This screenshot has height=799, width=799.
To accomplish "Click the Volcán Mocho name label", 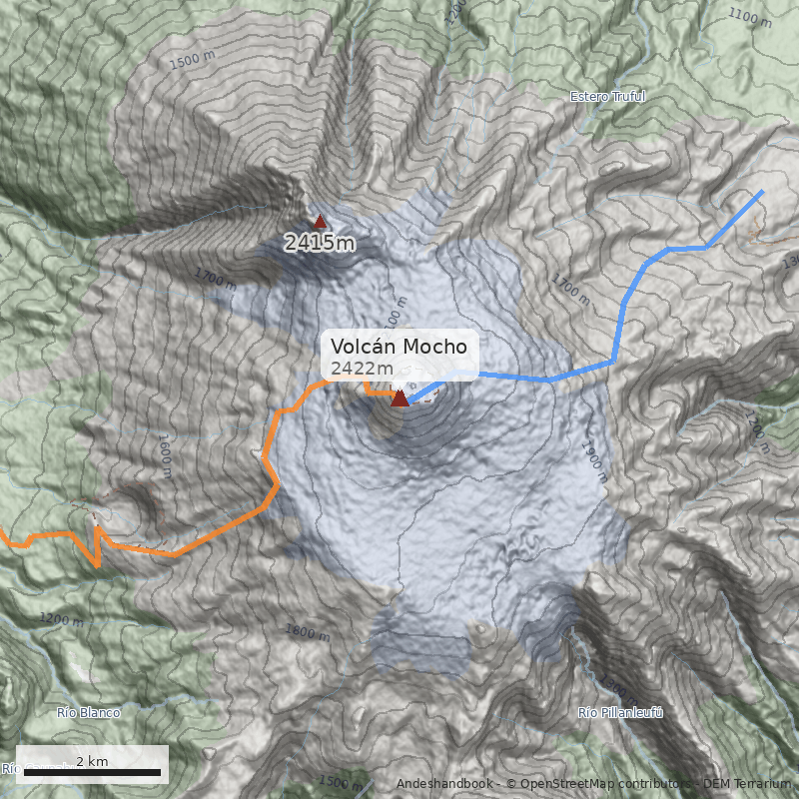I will (x=399, y=347).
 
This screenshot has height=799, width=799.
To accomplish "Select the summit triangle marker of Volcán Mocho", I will (x=399, y=399).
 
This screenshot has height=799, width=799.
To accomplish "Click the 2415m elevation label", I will (x=320, y=243).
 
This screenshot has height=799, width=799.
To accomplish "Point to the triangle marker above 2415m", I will (x=320, y=222).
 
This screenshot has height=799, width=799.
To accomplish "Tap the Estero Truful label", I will (x=607, y=97).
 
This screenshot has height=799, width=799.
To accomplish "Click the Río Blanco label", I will (x=88, y=713).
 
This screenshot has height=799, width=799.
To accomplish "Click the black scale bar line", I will (x=91, y=773).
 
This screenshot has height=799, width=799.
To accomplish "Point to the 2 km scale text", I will (x=91, y=761).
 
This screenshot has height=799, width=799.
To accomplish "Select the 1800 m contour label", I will (x=307, y=632).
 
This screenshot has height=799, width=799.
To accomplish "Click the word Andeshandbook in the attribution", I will (x=444, y=783).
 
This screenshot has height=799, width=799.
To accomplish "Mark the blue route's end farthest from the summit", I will (x=763, y=191).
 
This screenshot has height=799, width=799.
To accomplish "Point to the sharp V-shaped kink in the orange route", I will (x=97, y=564).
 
